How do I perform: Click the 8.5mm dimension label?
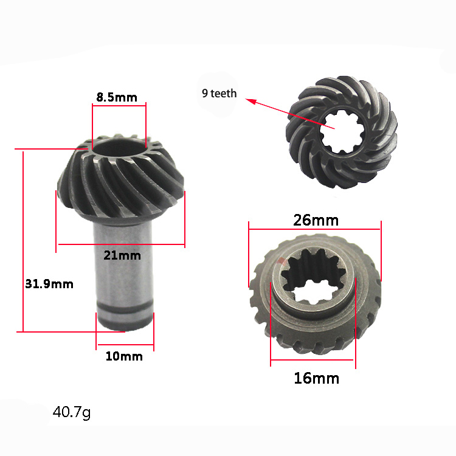point(117,97)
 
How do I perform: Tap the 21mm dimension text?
point(122,255)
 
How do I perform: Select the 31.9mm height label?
point(49,284)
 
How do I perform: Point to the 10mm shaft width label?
point(124,356)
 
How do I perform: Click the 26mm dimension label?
point(316,220)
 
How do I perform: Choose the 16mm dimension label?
point(317,378)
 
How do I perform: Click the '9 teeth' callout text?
point(219,94)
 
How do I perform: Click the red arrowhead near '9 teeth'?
point(251,101)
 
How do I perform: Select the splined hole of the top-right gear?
point(342,133)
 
